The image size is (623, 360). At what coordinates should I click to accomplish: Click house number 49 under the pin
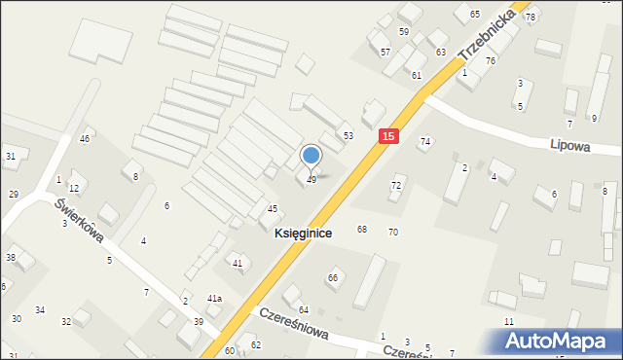coord(311,180)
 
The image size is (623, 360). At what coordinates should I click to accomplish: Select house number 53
coord(348,135)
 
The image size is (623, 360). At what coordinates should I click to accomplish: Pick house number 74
coord(424,142)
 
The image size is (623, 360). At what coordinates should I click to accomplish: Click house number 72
coord(396,185)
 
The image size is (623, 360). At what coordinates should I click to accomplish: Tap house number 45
coord(273,209)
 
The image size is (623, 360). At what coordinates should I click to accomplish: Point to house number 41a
coord(214,299)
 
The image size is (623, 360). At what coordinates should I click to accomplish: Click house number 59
coord(403,32)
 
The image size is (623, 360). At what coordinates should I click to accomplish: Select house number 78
coord(531,18)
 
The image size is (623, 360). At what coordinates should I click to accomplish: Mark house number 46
coord(85,139)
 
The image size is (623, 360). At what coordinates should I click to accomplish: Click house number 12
coord(73,188)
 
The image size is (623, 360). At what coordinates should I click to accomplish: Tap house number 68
coord(362,230)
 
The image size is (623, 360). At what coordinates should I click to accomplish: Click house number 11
coord(508,321)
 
